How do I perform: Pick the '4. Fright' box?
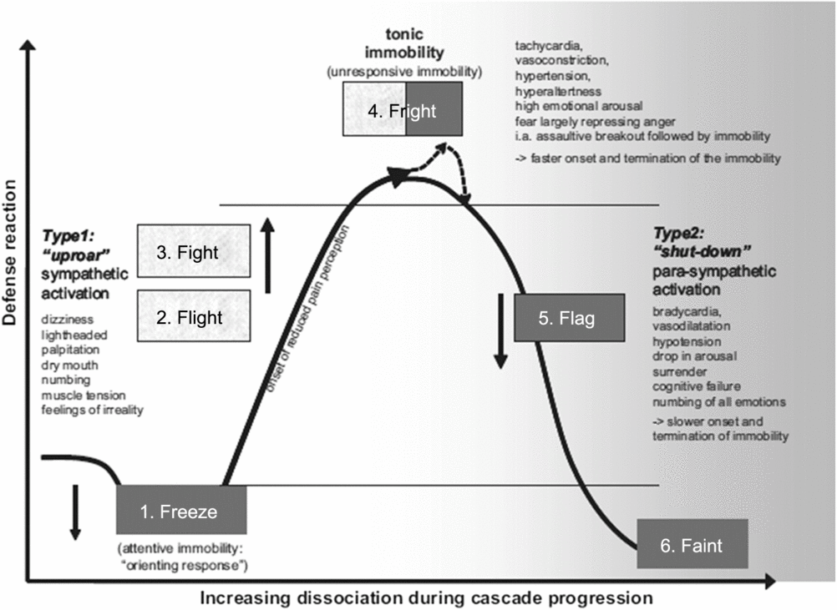coord(401,109)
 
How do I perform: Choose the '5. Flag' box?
coord(569,317)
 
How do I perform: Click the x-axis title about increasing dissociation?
coord(426,597)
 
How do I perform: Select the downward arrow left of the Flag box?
coord(500,330)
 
